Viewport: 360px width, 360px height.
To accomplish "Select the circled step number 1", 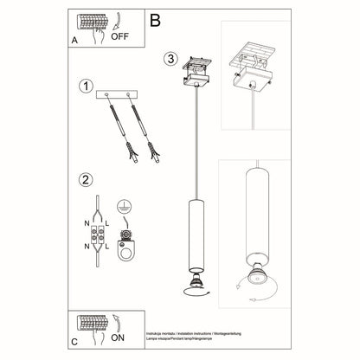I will click(x=85, y=87).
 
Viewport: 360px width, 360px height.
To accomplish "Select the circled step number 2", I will click(x=85, y=181).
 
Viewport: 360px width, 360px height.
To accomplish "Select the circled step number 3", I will click(x=171, y=59).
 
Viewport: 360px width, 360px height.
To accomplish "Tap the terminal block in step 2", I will click(x=102, y=235).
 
